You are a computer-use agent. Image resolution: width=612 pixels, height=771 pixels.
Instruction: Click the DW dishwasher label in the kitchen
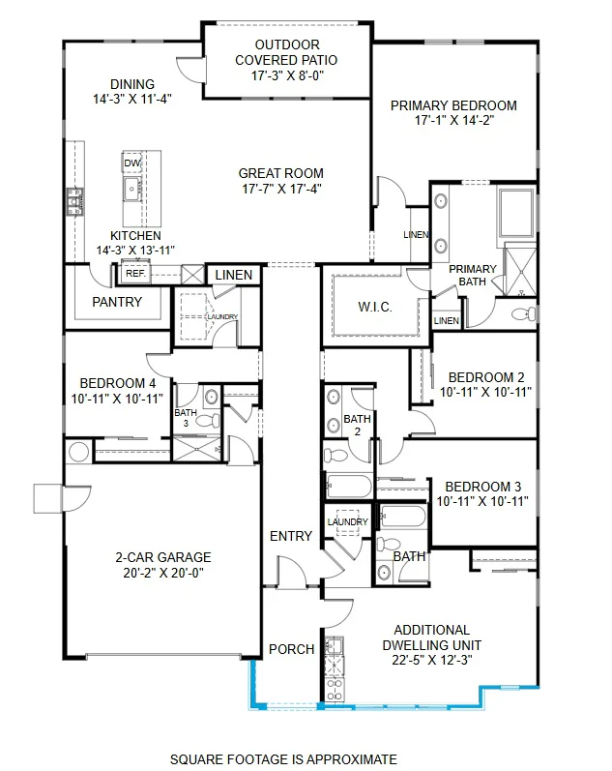(132, 163)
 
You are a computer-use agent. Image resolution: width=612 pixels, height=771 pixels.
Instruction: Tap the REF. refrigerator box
(134, 274)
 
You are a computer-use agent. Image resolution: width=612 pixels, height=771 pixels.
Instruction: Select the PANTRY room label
(117, 302)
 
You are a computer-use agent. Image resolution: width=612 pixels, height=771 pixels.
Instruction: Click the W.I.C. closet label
(374, 307)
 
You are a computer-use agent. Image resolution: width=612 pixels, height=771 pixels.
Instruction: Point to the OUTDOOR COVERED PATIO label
(286, 59)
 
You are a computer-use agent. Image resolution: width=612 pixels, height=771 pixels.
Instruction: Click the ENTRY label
(291, 536)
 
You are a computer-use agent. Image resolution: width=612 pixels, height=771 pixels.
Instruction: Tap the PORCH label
(291, 648)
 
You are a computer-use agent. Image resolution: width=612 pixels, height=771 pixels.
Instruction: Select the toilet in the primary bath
(521, 313)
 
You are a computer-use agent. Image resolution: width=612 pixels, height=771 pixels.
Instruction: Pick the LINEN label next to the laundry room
(233, 276)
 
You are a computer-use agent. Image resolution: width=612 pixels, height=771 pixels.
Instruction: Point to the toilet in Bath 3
(210, 421)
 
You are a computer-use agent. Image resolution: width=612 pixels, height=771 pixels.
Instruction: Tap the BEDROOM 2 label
(486, 377)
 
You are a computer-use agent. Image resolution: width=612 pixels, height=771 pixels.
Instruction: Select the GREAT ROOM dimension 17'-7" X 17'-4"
(280, 189)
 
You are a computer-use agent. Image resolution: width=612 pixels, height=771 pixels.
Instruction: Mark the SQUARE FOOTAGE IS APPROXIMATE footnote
(283, 759)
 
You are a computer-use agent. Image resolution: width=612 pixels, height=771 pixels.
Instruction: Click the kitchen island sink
(131, 187)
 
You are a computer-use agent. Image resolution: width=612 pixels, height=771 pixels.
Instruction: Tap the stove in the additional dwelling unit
(335, 688)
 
